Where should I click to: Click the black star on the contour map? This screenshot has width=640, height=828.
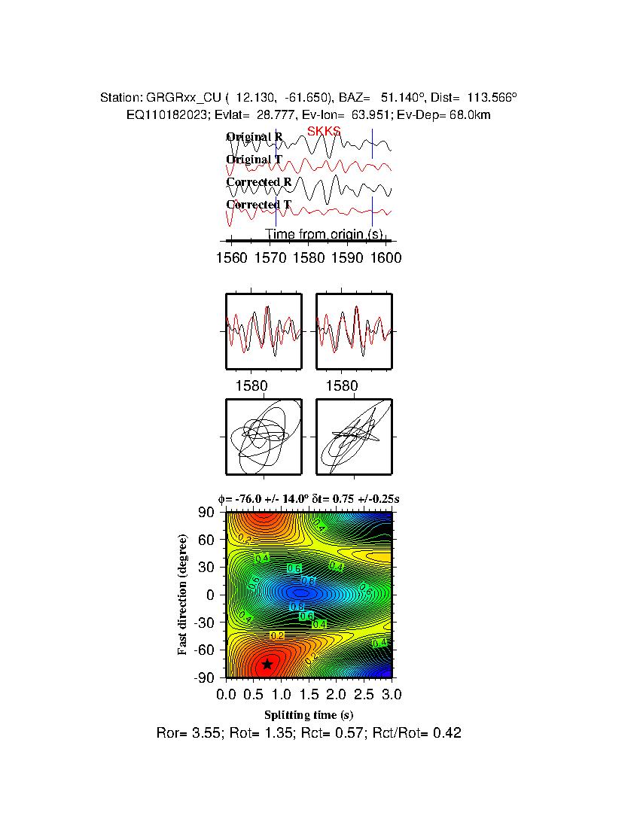tap(267, 664)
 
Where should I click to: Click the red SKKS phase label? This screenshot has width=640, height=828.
tap(324, 132)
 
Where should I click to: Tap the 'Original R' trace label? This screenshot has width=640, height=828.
tap(254, 137)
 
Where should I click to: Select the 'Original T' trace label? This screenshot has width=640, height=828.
tap(254, 160)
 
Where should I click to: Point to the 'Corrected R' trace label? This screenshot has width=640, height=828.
tap(258, 182)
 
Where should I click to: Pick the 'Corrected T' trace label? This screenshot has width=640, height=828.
tap(258, 205)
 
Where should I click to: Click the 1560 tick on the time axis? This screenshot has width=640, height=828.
tap(230, 258)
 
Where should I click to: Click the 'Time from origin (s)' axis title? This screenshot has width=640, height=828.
tap(324, 234)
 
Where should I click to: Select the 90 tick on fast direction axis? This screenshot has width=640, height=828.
tap(208, 513)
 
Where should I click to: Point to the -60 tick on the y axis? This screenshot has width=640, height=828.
tap(204, 650)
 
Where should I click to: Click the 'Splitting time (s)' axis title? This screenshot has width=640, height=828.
tap(309, 714)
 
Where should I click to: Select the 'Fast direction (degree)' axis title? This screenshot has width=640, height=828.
tap(183, 595)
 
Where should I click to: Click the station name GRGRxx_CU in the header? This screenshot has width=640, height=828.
tap(175, 98)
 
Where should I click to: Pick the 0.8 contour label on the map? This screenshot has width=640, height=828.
tap(308, 580)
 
